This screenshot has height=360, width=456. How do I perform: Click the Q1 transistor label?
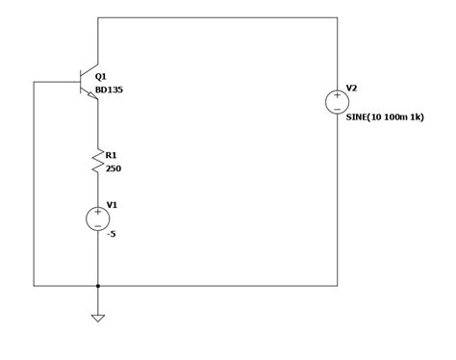click(x=101, y=76)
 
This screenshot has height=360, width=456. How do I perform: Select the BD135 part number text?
click(x=109, y=90)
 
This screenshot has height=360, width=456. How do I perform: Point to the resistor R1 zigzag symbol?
click(x=97, y=161)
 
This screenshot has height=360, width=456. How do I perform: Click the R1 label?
click(x=111, y=155)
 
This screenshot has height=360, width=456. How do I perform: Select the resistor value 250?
click(x=113, y=168)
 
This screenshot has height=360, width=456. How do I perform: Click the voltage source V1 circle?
click(x=97, y=219)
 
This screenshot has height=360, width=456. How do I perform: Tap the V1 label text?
click(x=112, y=204)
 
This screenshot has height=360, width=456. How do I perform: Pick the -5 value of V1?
click(x=111, y=234)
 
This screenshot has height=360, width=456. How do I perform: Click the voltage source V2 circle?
click(x=337, y=102)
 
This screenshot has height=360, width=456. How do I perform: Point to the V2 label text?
click(x=351, y=88)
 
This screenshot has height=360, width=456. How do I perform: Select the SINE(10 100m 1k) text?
click(x=385, y=117)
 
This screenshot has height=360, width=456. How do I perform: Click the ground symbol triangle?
click(x=97, y=317)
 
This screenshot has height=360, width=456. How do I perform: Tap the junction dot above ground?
click(x=97, y=286)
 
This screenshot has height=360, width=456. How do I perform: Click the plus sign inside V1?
click(x=97, y=212)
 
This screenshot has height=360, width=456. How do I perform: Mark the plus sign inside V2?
click(x=337, y=95)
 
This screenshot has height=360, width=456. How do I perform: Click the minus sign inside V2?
click(x=337, y=109)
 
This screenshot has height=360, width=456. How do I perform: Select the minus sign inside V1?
click(x=97, y=225)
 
